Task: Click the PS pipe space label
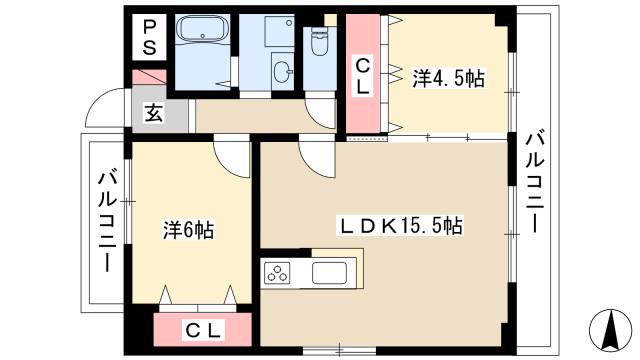coord(149,38)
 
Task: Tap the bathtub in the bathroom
coord(202,29)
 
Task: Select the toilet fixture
coord(319,42)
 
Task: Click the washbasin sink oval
coord(282,72)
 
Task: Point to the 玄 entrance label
coord(154,113)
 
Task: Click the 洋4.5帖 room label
coord(448,78)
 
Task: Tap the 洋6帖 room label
coord(189,230)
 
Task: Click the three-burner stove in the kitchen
coord(277,273)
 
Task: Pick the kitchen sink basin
coord(329,273)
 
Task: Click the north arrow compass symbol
coord(611,331)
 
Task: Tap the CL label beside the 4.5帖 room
coord(362,76)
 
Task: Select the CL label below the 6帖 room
coord(203,330)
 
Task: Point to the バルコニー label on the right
coord(535,181)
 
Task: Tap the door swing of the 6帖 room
coord(231,158)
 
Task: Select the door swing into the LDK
coord(317,158)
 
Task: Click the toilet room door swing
coord(320,113)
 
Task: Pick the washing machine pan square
coord(280,31)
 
